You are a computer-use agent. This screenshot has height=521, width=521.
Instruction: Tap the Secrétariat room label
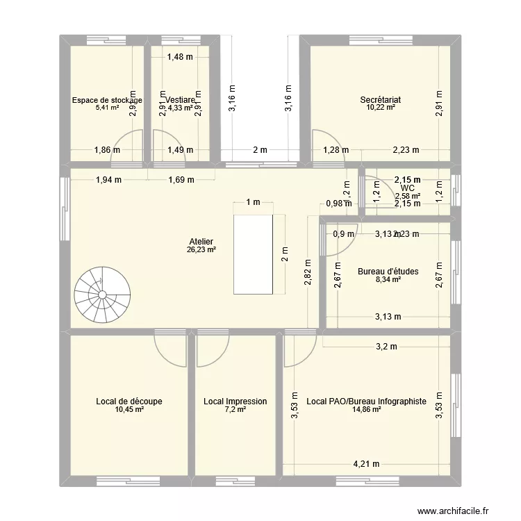click(381, 100)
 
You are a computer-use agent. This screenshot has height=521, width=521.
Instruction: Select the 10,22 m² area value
click(381, 108)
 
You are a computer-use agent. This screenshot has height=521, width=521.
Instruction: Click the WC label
click(408, 188)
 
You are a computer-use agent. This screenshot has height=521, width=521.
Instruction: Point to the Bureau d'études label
click(388, 272)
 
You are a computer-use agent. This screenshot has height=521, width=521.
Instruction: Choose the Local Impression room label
click(235, 402)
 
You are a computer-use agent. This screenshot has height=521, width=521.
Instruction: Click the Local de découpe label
click(129, 402)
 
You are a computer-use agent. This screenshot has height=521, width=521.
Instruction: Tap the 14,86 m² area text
click(366, 410)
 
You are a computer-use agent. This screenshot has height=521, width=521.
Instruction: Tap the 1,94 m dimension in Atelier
click(108, 180)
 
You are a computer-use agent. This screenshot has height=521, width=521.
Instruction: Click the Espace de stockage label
click(107, 100)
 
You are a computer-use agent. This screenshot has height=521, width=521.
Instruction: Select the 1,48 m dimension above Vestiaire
click(180, 58)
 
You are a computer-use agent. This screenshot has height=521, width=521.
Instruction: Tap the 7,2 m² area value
click(235, 410)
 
